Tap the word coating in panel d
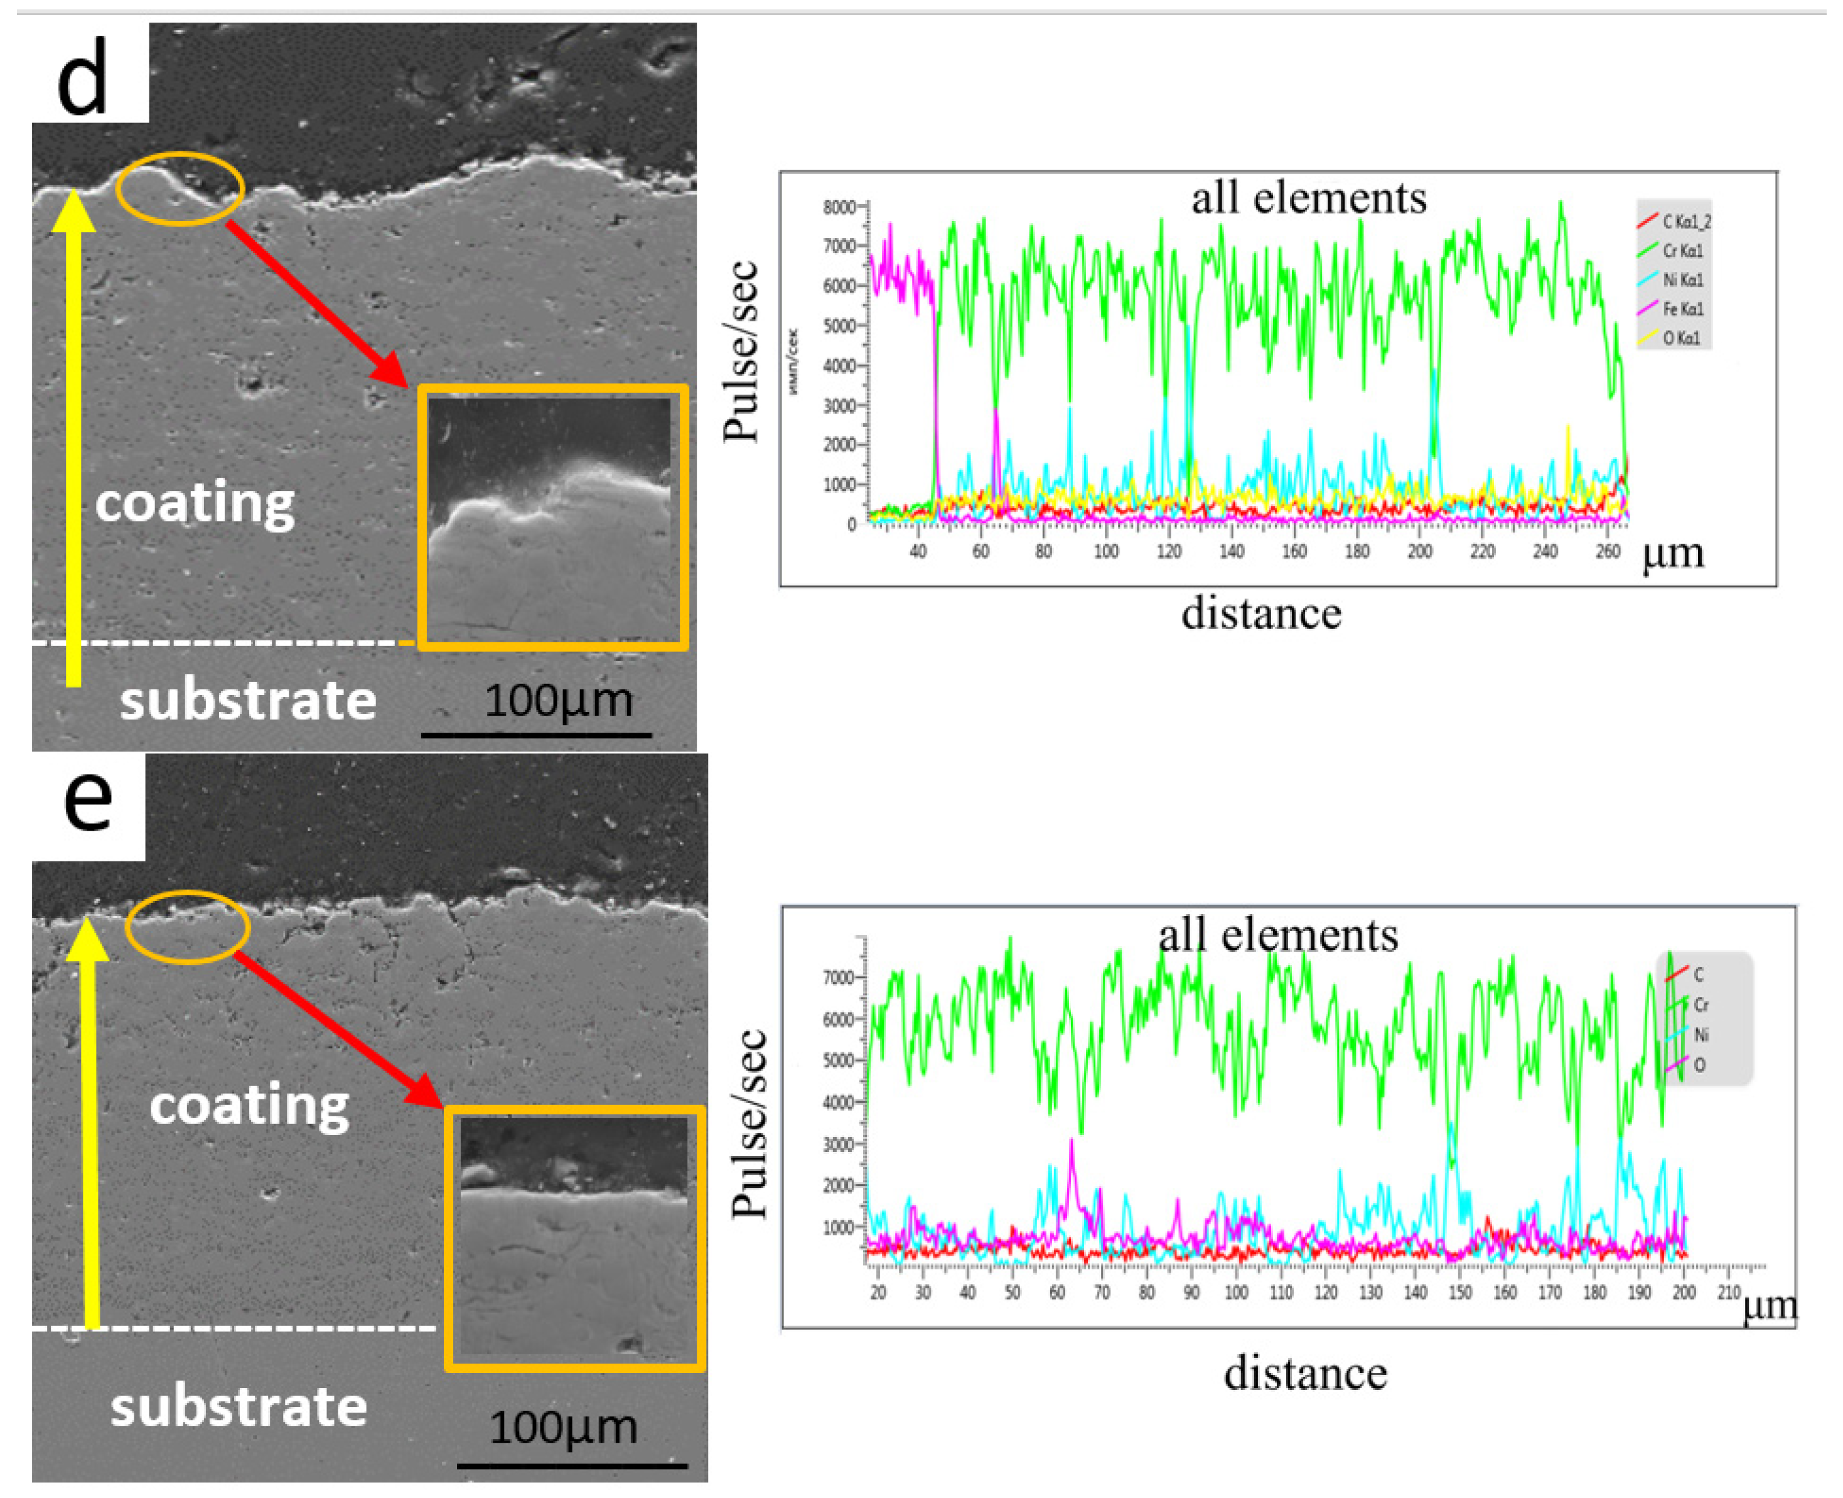(195, 502)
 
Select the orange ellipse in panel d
(180, 188)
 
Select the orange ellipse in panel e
(187, 927)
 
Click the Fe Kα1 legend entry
(1682, 309)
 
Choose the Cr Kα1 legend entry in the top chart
(1682, 251)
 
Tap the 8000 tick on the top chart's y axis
(839, 207)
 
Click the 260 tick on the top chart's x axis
(1608, 551)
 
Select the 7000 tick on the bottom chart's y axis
(839, 978)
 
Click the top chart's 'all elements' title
(1309, 198)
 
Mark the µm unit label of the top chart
(1673, 553)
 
